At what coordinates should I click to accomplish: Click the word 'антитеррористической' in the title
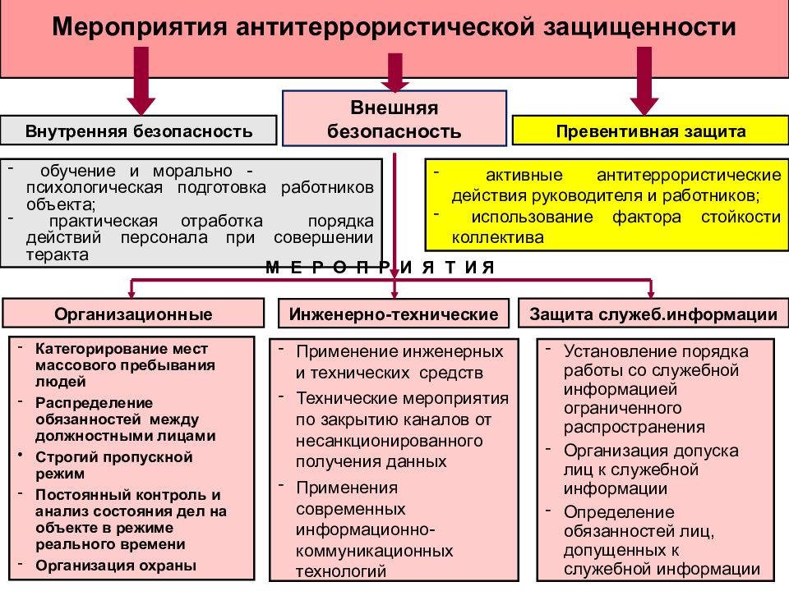coord(385,26)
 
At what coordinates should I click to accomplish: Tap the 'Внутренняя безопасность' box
coord(138,131)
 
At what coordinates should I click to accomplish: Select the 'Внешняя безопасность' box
coord(394,119)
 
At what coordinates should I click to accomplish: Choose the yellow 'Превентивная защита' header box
coord(650,131)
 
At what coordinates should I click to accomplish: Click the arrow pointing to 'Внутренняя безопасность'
coord(141,80)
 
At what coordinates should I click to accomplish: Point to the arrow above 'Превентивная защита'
coord(644,80)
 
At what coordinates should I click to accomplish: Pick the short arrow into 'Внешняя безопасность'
coord(395,73)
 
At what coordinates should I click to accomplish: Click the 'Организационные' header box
coord(133,314)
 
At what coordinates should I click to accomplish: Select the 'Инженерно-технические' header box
coord(394,314)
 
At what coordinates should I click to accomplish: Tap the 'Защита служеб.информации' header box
coord(653,314)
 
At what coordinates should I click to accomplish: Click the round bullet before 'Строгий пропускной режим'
coord(21,455)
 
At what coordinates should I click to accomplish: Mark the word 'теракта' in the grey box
coord(58,254)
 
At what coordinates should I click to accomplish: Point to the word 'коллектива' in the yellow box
coord(498,237)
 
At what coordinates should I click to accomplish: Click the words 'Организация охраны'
coord(116,566)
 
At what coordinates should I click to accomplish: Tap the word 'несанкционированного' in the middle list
coord(390,441)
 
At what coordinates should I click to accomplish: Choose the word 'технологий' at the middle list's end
coord(341,571)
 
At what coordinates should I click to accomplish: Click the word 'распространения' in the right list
coord(634,427)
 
